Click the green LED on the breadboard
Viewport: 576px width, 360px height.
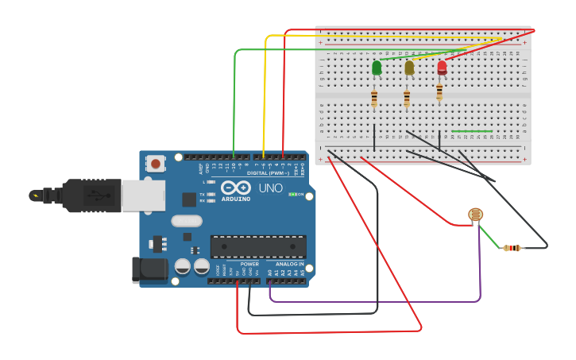coord(377,68)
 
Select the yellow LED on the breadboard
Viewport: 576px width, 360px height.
coord(409,68)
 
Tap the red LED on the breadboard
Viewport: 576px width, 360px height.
coord(442,68)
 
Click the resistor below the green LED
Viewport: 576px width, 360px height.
coord(374,99)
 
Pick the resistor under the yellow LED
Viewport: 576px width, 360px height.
coord(407,99)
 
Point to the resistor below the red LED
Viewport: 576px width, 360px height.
coord(439,92)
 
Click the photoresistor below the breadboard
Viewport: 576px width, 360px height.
coord(475,215)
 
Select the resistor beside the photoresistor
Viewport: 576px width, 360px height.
coord(512,248)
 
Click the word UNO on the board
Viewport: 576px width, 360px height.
coord(270,188)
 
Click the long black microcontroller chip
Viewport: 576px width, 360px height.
coord(257,246)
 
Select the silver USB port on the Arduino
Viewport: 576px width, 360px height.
coord(143,195)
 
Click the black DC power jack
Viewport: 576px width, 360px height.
coord(149,269)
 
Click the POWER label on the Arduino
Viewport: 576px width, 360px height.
coord(249,264)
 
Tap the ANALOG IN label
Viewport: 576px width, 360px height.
coord(289,264)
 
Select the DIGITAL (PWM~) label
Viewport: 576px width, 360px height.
coord(268,172)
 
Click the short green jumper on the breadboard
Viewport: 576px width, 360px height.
coord(472,131)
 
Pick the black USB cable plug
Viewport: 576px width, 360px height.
coord(91,195)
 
